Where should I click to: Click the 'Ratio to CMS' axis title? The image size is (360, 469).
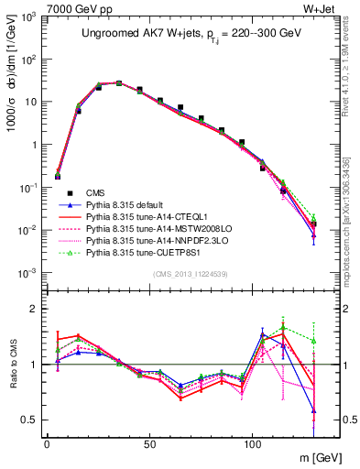[12, 364]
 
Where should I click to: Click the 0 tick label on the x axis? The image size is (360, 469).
[47, 442]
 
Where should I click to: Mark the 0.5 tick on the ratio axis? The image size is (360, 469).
[31, 420]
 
